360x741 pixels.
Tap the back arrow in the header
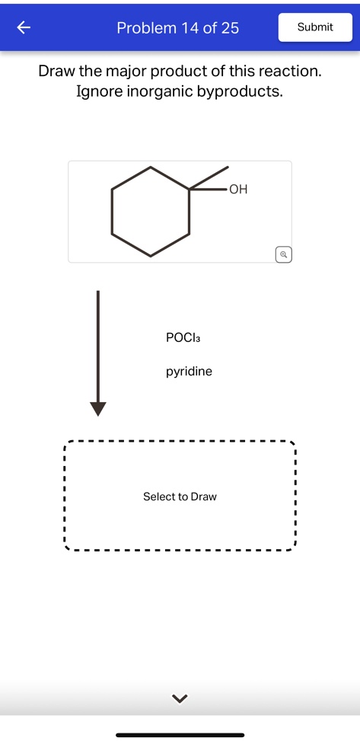point(24,28)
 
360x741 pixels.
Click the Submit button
point(315,27)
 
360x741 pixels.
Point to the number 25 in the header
point(229,28)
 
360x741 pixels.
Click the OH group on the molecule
point(237,189)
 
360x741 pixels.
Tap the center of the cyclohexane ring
point(151,211)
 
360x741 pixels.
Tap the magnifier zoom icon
point(282,254)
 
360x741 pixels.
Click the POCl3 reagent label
point(183,337)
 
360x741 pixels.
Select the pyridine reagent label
point(189,372)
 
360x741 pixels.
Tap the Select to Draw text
point(180,497)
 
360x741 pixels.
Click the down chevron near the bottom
point(180,698)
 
